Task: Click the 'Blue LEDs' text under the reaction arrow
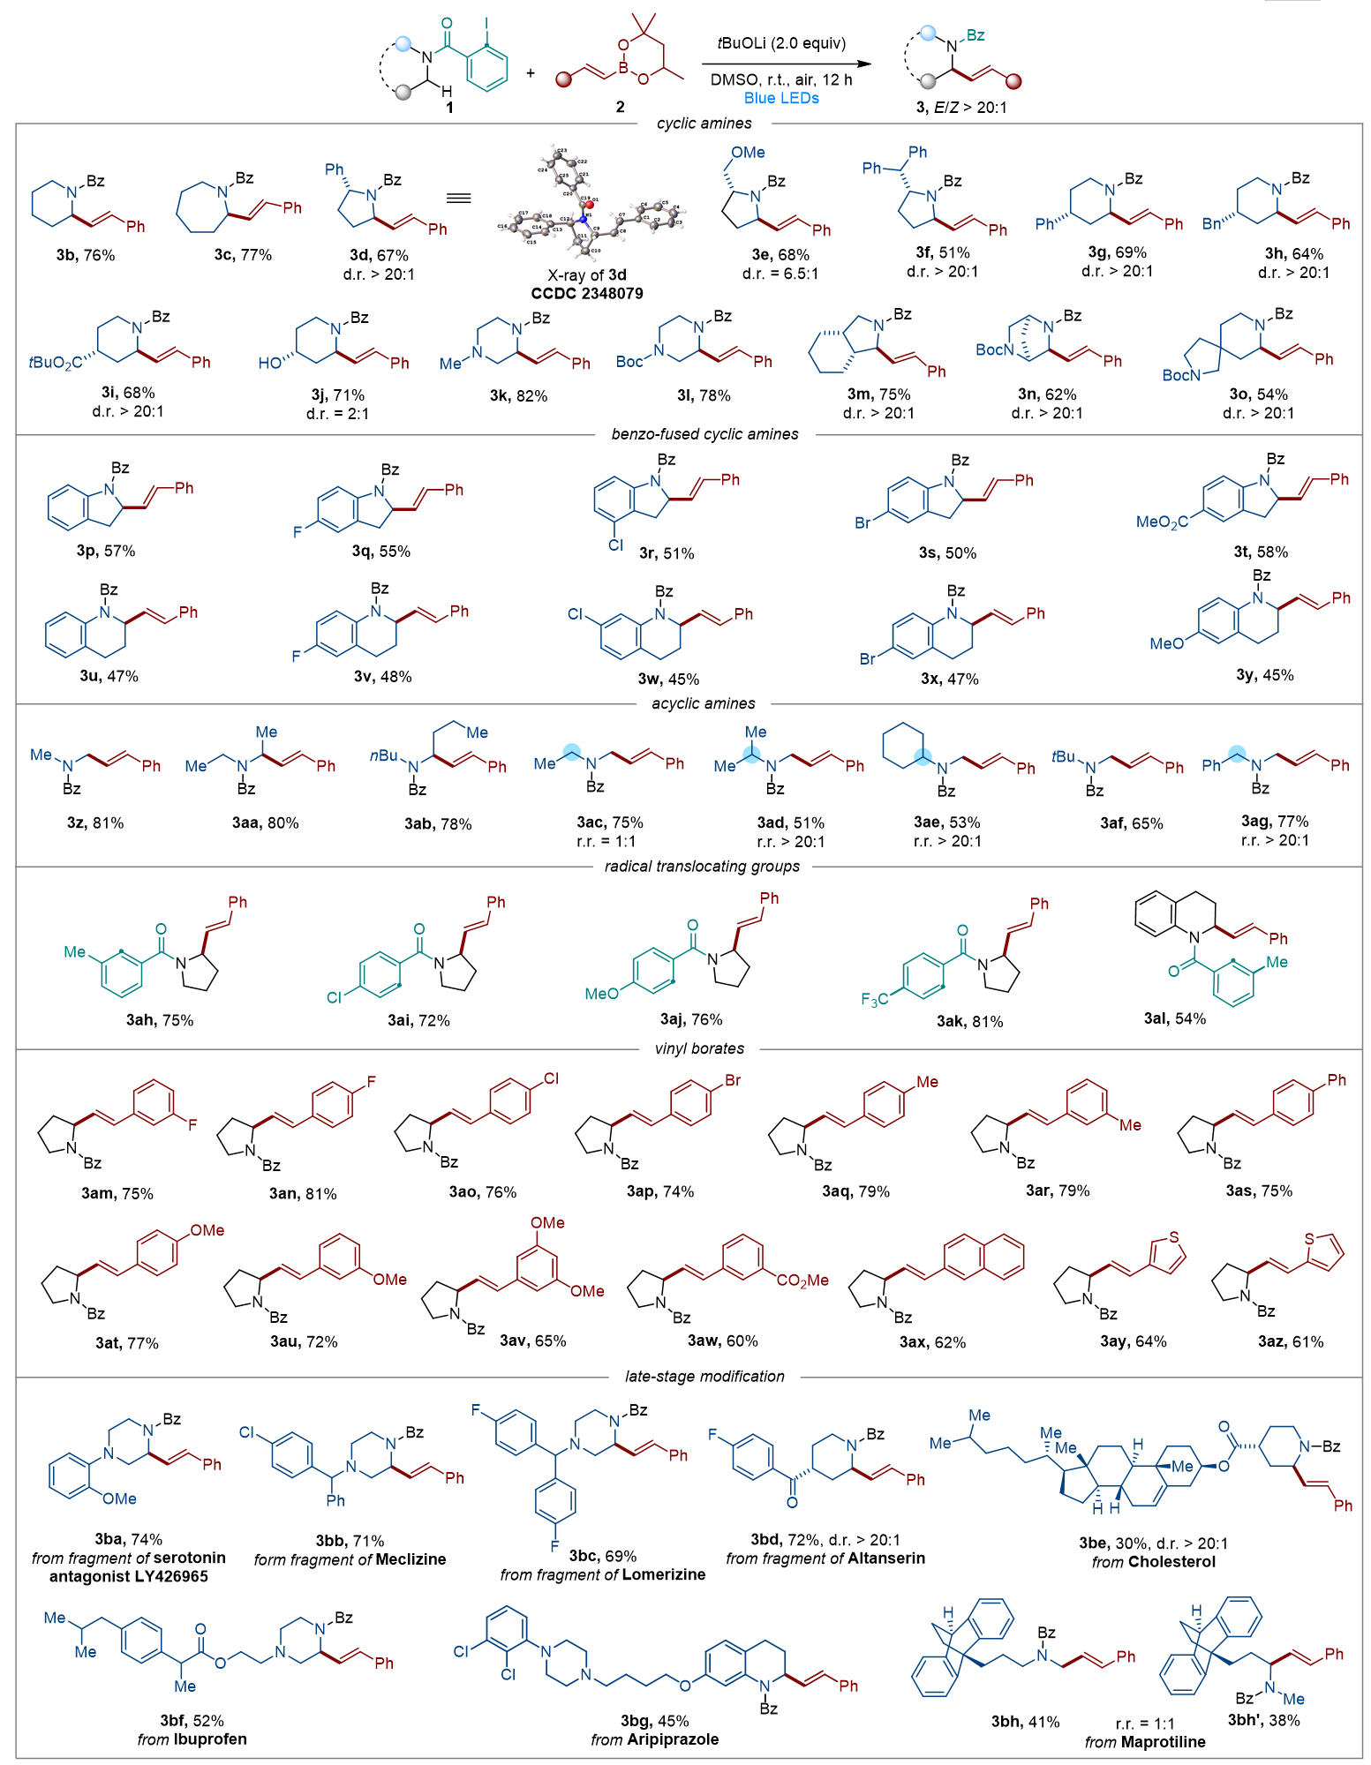(781, 98)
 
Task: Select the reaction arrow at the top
(786, 64)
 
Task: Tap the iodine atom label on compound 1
(486, 24)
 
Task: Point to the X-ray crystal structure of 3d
(589, 202)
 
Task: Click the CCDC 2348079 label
(587, 293)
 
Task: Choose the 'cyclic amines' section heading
(704, 124)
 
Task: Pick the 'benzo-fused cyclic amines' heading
(704, 434)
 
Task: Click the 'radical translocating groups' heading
(702, 867)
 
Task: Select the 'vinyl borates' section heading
(699, 1048)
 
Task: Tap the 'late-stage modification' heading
(704, 1376)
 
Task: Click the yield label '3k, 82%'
(518, 396)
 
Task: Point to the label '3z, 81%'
(95, 823)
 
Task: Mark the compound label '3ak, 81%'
(969, 1021)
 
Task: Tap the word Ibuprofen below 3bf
(209, 1739)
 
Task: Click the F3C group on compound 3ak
(874, 999)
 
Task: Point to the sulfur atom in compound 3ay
(1173, 1237)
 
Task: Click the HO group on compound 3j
(269, 364)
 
